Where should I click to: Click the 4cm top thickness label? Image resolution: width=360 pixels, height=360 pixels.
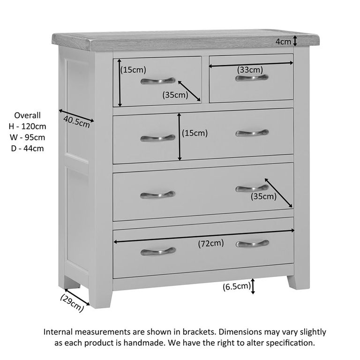[x=283, y=42]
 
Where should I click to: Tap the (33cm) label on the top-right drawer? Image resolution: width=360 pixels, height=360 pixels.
[x=250, y=70]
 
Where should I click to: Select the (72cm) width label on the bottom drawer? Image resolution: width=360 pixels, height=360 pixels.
[x=210, y=243]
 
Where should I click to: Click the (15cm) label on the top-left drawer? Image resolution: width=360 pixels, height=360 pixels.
[x=134, y=70]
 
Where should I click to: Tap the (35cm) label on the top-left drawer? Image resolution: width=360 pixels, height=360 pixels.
[x=175, y=95]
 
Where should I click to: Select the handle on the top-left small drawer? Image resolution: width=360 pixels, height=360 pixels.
[x=157, y=81]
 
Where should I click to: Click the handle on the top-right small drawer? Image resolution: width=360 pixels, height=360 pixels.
[x=252, y=78]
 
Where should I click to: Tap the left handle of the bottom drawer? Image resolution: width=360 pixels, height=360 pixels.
[x=157, y=251]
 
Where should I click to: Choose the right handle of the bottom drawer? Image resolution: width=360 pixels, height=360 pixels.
[x=252, y=244]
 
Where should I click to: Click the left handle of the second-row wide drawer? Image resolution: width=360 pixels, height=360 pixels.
[x=157, y=138]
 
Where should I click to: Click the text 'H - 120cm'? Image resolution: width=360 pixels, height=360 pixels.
[x=28, y=126]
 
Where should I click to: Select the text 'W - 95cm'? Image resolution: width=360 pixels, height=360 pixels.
[x=28, y=137]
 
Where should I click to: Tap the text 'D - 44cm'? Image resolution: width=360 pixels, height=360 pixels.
[x=28, y=149]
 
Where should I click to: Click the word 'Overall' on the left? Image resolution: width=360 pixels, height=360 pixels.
[x=28, y=115]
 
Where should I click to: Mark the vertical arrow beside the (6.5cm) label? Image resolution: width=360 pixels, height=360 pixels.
[x=253, y=286]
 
